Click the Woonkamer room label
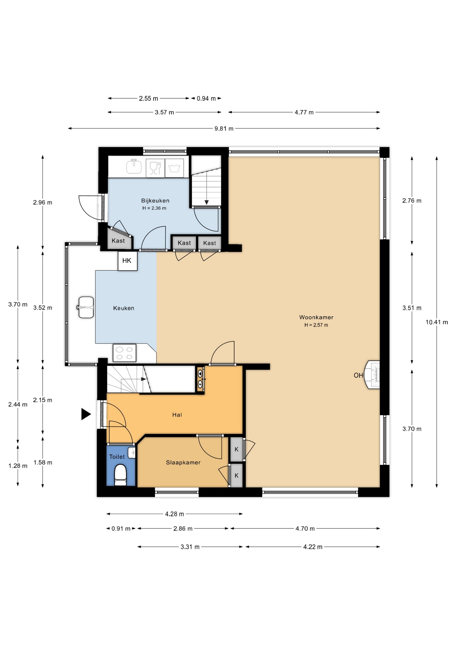click(316, 317)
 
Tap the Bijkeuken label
click(155, 201)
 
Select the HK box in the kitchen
click(128, 261)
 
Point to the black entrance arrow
click(86, 414)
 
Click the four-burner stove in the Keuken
click(124, 353)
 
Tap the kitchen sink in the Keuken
click(85, 307)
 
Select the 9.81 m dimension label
click(224, 128)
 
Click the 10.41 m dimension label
click(437, 322)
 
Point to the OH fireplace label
click(358, 375)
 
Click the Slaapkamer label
click(183, 462)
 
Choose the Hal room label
click(177, 415)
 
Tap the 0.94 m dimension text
click(206, 98)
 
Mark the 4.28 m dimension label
click(174, 514)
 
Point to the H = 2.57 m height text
click(316, 325)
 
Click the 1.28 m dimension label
click(18, 466)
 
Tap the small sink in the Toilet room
click(132, 452)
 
